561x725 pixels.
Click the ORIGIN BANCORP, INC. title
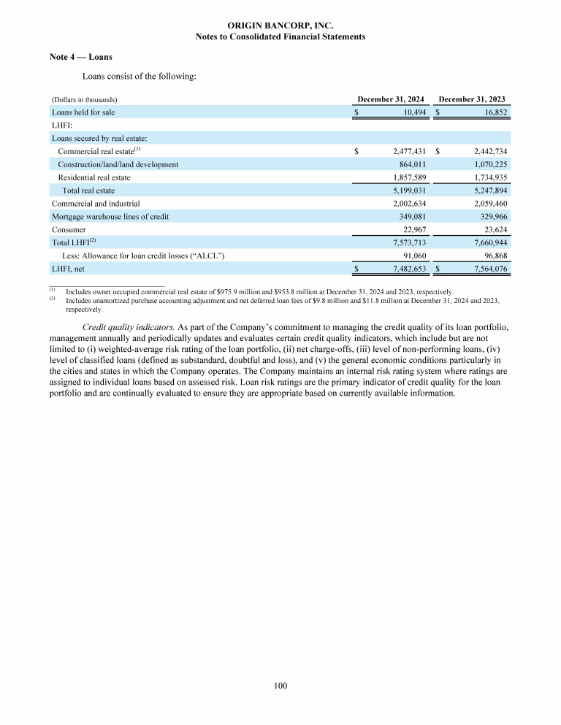280,25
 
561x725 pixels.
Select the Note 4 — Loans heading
80,57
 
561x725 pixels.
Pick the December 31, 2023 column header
472,99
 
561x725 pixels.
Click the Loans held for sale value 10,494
411,112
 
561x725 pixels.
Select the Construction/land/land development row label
118,164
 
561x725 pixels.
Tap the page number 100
280,685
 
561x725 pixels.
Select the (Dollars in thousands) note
85,99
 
